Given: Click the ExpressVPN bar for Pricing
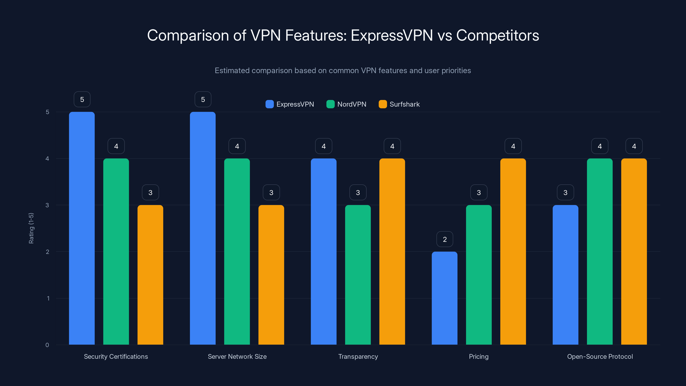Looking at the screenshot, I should coord(444,298).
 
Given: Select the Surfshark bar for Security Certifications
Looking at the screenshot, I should coord(150,275).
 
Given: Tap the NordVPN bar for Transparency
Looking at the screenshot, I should coord(358,275).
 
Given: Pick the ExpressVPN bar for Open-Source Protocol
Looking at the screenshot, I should coord(565,275).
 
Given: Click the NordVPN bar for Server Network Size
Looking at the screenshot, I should coord(237,252).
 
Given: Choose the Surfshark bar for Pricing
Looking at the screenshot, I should coord(513,252).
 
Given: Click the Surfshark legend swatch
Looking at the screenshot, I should coord(383,104).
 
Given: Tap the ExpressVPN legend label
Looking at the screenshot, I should coord(295,104).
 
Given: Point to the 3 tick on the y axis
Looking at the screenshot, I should coord(47,205).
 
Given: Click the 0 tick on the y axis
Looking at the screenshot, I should coord(47,345).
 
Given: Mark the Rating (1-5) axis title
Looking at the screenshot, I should coord(31,228).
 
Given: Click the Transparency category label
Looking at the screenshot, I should coord(358,356).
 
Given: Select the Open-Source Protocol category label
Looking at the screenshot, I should coord(600,356).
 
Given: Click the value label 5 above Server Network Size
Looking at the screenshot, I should coord(203,99).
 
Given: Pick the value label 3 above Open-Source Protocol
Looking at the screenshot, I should coord(565,192).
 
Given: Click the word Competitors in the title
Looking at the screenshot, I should coord(497,35).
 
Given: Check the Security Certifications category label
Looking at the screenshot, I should coord(116,356).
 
